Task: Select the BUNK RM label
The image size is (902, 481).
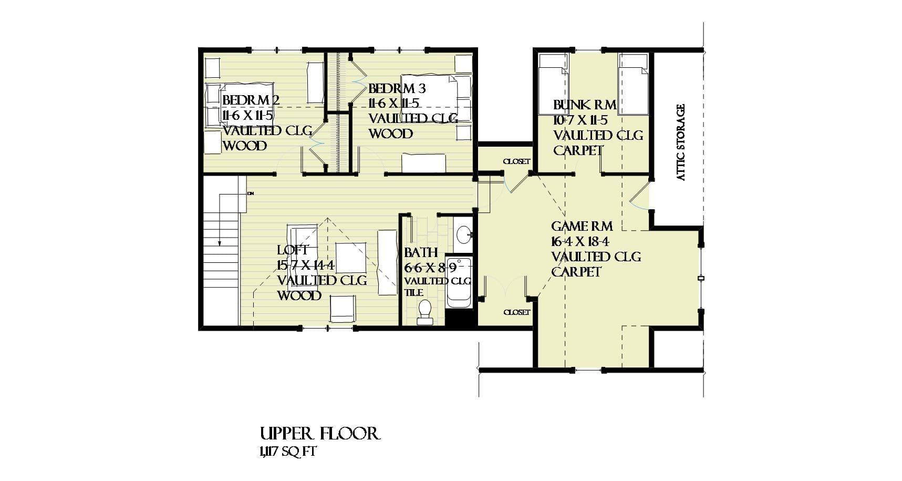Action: point(584,105)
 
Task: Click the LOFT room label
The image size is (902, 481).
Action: point(293,250)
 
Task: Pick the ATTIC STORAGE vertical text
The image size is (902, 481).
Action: point(681,142)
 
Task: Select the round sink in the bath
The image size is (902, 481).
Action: point(462,234)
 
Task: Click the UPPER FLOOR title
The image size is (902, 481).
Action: point(319,434)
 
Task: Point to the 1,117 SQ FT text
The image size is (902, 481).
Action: point(287,452)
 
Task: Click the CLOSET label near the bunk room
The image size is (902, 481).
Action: point(516,161)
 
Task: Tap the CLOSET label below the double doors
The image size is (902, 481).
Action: point(516,312)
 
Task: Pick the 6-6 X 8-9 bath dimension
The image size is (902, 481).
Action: point(430,268)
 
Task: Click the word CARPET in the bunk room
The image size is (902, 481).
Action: point(578,150)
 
